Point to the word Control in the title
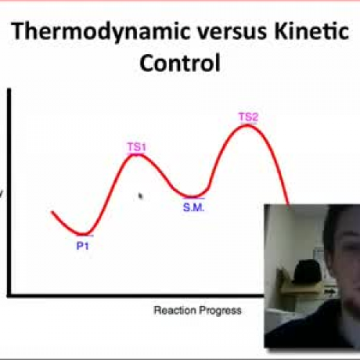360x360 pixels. pos(179,63)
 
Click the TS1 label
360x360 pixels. pos(137,148)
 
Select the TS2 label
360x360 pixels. pos(248,117)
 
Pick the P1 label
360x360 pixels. pos(84,244)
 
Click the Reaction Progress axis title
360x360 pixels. pos(197,310)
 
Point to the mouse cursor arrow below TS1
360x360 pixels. pos(140,194)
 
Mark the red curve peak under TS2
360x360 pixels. pos(248,125)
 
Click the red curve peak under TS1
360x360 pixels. pos(137,155)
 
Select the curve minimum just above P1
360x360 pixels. pos(84,234)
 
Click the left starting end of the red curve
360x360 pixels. pos(53,212)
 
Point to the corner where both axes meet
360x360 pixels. pos(9,294)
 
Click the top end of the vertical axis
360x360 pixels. pos(9,89)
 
